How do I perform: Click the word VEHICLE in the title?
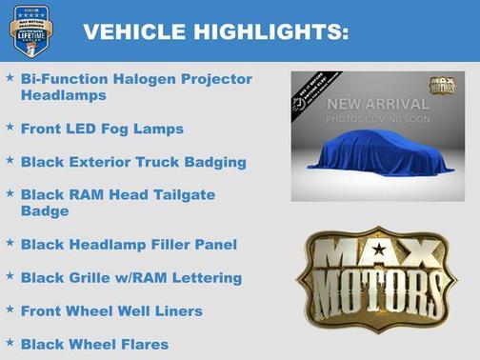pyautogui.click(x=134, y=32)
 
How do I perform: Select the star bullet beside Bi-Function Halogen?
pyautogui.click(x=10, y=76)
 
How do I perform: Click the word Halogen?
pyautogui.click(x=140, y=79)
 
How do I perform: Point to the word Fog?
pyautogui.click(x=124, y=128)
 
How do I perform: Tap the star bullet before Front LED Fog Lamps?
pyautogui.click(x=10, y=125)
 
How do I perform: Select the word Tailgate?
pyautogui.click(x=183, y=193)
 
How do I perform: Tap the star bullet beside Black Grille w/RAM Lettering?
pyautogui.click(x=10, y=275)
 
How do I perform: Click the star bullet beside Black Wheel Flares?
pyautogui.click(x=10, y=341)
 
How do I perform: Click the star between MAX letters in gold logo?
pyautogui.click(x=379, y=250)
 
